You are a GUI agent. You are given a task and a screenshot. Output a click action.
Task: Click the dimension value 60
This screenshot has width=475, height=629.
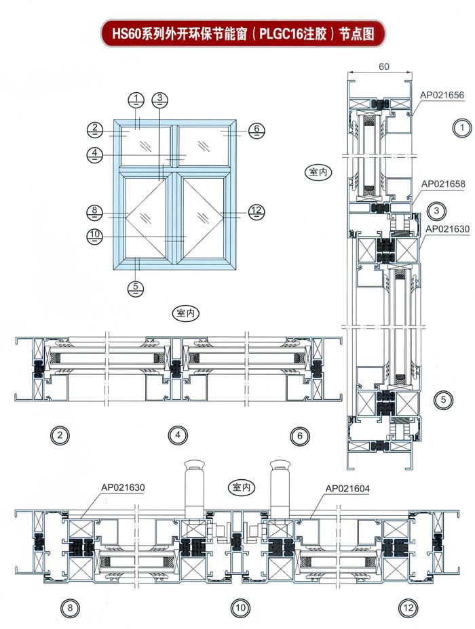[x=383, y=66]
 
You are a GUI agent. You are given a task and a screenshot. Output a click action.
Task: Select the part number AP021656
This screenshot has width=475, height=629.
[x=442, y=95]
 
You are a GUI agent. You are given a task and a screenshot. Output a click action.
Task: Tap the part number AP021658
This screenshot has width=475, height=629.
[x=443, y=184]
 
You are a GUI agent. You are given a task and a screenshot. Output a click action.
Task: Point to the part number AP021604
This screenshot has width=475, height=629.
[x=347, y=488]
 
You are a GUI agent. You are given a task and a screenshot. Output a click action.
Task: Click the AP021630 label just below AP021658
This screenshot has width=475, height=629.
[x=447, y=229]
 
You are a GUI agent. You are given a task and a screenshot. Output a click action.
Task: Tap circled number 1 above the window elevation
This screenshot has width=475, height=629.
[x=136, y=99]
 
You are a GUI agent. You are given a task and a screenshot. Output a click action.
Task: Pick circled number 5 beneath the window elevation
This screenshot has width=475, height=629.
[x=136, y=287]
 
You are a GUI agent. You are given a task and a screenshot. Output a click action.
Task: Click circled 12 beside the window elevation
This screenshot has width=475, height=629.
[x=255, y=211]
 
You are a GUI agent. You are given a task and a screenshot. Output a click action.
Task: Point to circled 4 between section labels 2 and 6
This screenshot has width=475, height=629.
[x=177, y=437]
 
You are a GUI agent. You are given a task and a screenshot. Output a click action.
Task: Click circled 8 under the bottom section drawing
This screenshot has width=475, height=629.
[x=69, y=608]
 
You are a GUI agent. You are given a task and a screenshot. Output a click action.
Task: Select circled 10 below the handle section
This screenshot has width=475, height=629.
[x=240, y=608]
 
